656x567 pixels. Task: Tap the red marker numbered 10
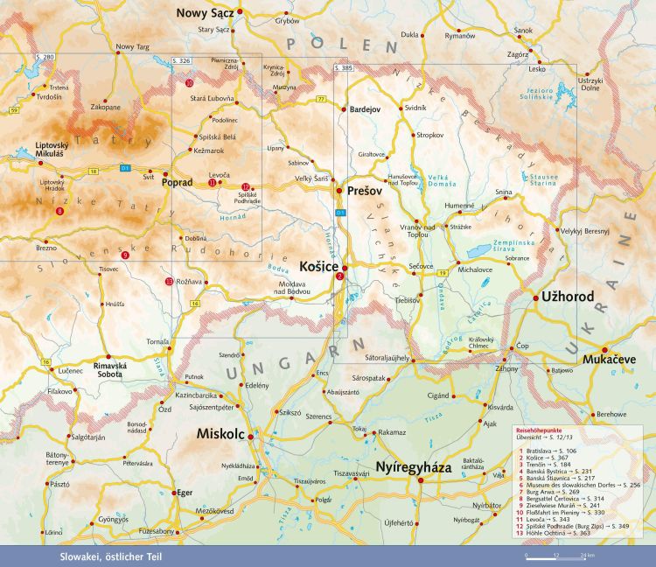click(190, 83)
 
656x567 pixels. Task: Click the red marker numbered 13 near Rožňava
click(169, 281)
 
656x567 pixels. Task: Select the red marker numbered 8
click(59, 212)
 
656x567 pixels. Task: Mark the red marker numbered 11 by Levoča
click(213, 183)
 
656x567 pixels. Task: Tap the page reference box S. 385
click(344, 67)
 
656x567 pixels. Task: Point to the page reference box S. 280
click(45, 57)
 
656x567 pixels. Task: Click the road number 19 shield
click(443, 275)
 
